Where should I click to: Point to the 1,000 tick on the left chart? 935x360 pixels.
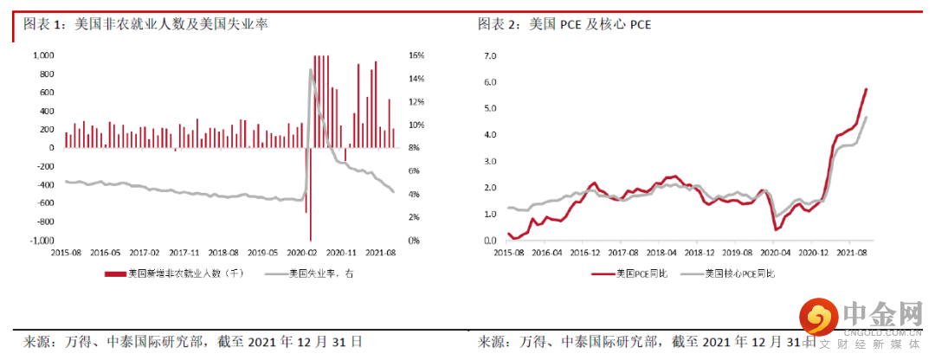(x=43, y=55)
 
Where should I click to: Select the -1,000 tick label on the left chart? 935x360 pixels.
(x=42, y=240)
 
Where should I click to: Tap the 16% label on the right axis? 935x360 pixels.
(x=416, y=55)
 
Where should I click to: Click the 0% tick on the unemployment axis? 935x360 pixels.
(x=414, y=240)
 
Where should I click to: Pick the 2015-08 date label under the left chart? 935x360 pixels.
(x=67, y=254)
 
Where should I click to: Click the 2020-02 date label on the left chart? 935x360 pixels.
(x=301, y=254)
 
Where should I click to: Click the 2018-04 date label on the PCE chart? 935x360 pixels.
(x=661, y=254)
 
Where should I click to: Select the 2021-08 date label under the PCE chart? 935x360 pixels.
(x=853, y=254)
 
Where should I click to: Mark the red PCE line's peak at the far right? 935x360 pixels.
(x=867, y=89)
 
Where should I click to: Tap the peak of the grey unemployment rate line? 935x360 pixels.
(x=310, y=70)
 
